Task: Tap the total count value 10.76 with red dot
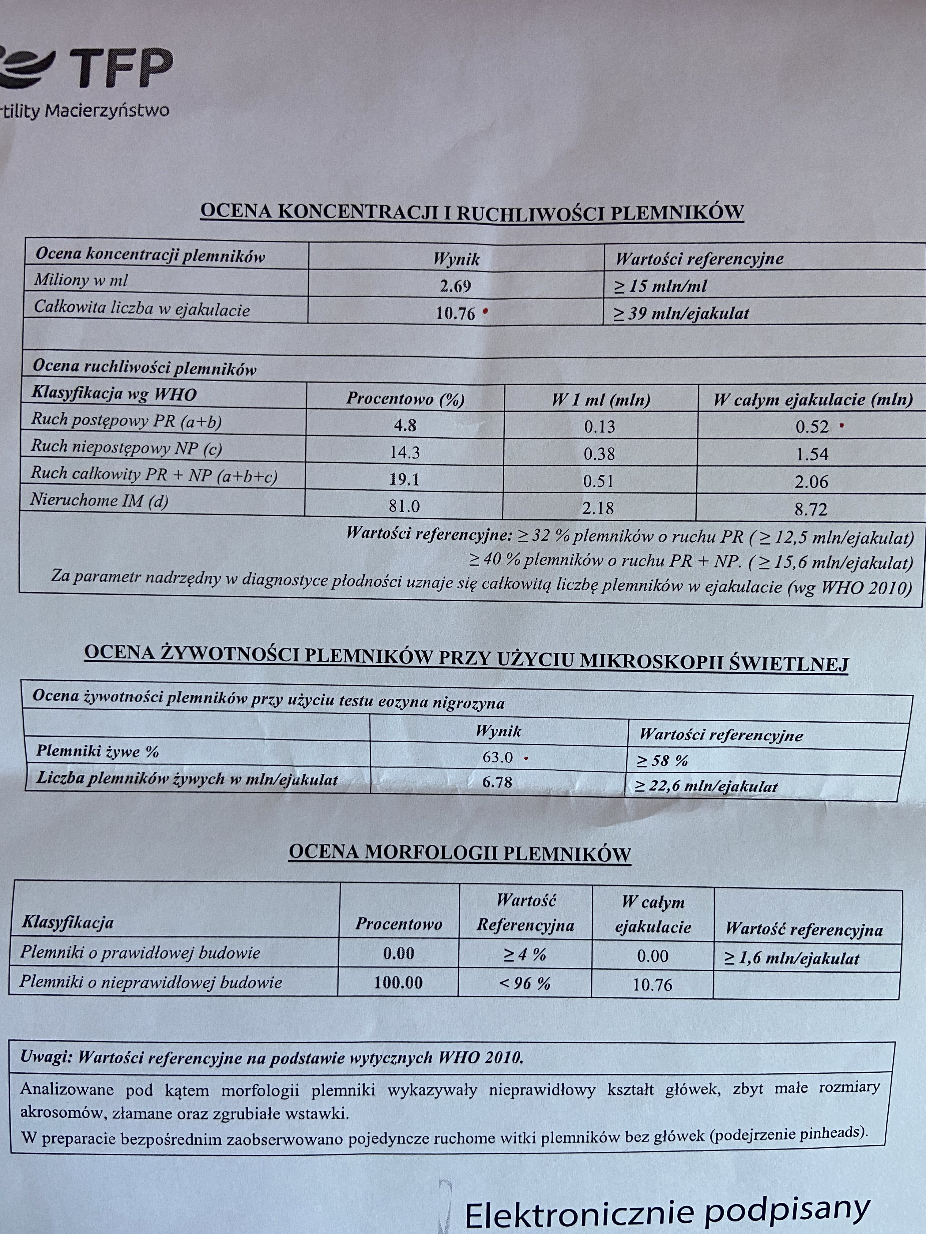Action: pyautogui.click(x=455, y=313)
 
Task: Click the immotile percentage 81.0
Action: pyautogui.click(x=404, y=506)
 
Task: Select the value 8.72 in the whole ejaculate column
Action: pyautogui.click(x=811, y=509)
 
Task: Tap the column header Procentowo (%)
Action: pyautogui.click(x=405, y=399)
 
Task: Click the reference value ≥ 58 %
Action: pyautogui.click(x=663, y=760)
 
